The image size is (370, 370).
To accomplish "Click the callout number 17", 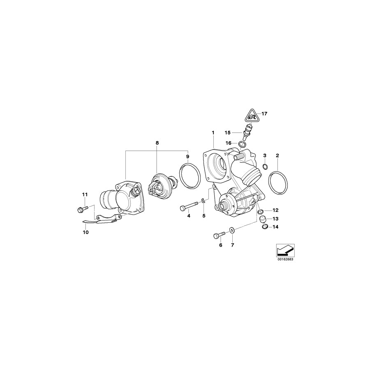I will point(264,113).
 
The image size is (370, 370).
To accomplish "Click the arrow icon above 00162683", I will point(284,250).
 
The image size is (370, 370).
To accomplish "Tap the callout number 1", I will point(213,133).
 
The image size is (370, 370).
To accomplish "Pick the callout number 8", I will point(157,143).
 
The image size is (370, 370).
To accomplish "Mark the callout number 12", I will point(275,210).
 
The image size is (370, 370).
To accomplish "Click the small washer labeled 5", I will point(203,201).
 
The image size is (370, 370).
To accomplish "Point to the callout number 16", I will point(228,143).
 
